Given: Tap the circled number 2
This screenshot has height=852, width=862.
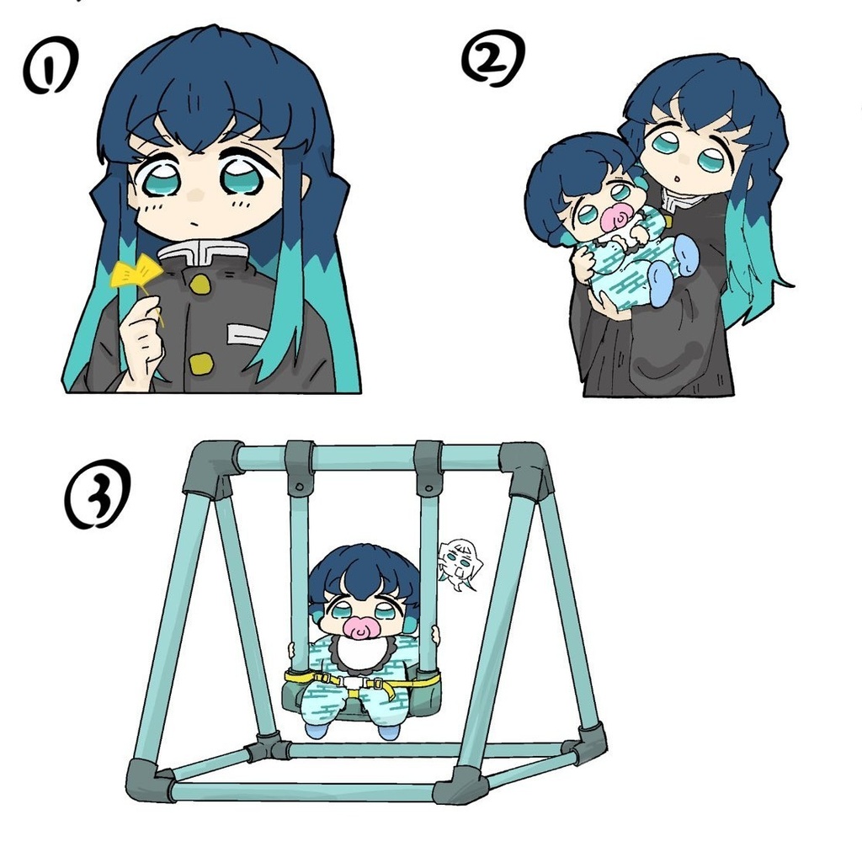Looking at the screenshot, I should click(493, 61).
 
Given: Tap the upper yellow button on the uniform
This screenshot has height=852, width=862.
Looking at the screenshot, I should click(200, 285).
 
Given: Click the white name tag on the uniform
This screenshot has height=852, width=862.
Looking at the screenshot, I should click(247, 336).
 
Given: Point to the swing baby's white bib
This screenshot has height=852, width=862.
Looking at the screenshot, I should click(358, 652).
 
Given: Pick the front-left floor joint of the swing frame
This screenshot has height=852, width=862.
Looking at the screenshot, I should click(150, 781).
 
